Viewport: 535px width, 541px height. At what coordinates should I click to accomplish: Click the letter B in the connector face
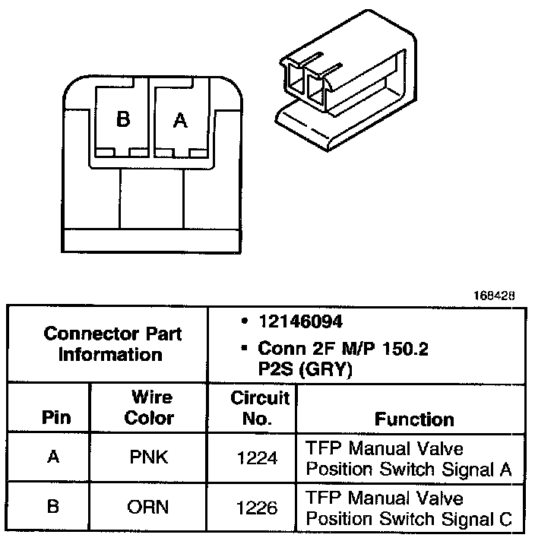pos(123,120)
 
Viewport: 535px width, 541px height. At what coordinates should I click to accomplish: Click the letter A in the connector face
pos(179,120)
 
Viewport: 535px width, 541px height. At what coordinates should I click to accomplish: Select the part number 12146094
pos(294,322)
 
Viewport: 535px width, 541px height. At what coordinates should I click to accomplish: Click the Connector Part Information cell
pos(110,344)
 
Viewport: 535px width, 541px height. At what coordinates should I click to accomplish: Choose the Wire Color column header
pos(149,407)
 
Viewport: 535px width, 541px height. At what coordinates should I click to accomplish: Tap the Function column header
pos(414,419)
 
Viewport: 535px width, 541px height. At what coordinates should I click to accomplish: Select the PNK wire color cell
pos(149,458)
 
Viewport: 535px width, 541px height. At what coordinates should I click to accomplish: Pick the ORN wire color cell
pos(149,507)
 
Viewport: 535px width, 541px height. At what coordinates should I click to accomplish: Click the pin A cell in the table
pos(52,458)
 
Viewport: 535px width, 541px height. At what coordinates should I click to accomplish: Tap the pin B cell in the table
pos(52,507)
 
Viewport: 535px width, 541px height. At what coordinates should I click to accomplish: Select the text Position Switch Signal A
pos(409,469)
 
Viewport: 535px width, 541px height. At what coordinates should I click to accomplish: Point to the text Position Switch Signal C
pos(409,519)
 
